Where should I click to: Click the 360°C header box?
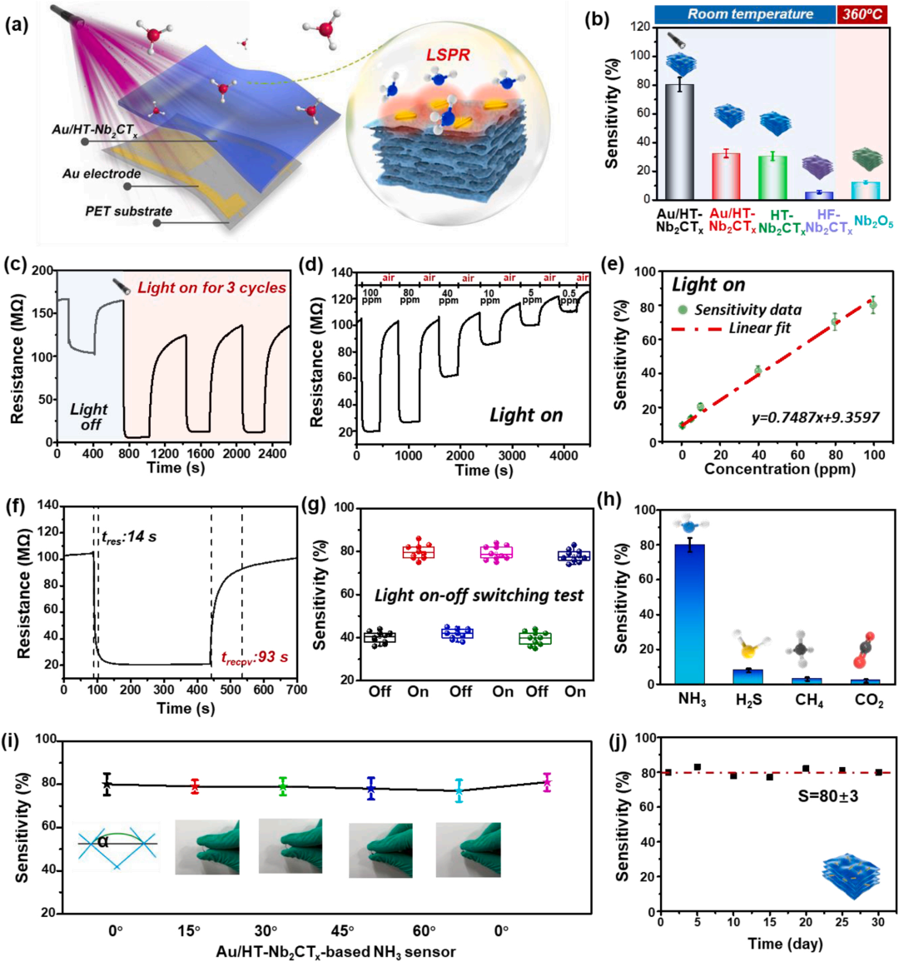866,14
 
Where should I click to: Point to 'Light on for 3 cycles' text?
211,288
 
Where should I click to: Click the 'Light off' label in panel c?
88,416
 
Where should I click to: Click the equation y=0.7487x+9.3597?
815,417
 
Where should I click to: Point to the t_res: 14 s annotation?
128,536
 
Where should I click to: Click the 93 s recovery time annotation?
255,657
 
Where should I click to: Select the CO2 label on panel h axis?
869,701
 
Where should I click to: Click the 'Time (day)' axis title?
776,943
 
